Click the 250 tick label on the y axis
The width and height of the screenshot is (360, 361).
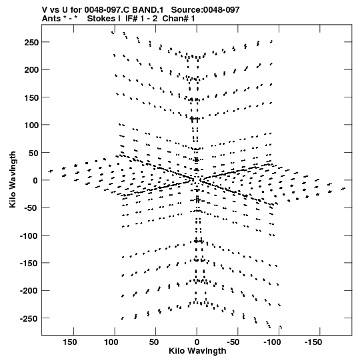coord(32,42)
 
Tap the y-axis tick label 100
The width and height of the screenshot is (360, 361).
coord(32,125)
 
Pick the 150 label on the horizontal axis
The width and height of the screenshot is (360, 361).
coord(70,342)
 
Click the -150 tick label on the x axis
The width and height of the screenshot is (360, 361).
coord(313,342)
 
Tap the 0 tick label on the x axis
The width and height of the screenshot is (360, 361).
coord(197,342)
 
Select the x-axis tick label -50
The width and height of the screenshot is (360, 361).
coord(233,342)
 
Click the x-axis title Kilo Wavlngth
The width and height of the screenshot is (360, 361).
coord(197,351)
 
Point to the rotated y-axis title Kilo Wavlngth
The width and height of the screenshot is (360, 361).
coord(13,179)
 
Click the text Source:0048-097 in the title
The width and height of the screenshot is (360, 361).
coord(205,10)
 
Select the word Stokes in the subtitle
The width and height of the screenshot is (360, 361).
coord(101,19)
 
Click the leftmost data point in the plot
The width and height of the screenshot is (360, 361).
coord(49,171)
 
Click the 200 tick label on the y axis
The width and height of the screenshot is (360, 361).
coord(32,70)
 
